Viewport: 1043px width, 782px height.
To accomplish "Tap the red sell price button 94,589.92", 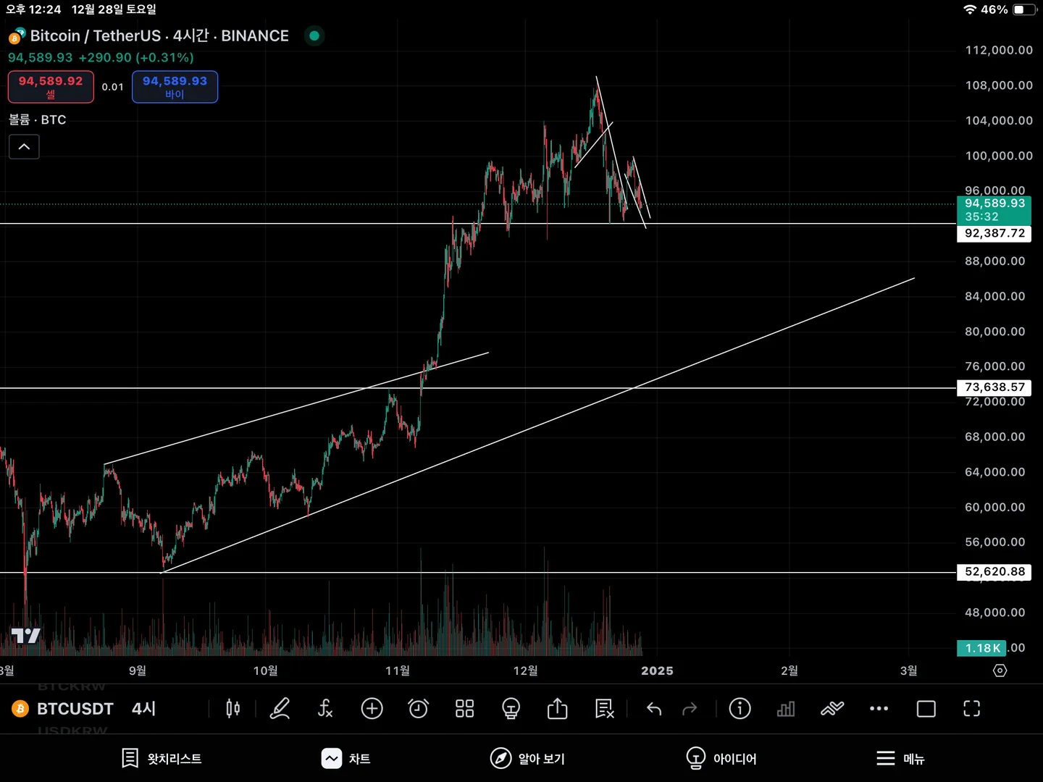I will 51,86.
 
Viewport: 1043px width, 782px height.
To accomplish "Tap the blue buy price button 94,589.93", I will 175,86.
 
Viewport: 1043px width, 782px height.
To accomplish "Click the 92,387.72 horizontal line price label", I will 994,233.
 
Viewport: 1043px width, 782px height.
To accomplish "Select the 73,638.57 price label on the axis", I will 994,387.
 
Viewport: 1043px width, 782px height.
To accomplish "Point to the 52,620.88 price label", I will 994,571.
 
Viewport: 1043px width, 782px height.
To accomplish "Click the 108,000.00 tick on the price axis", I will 998,85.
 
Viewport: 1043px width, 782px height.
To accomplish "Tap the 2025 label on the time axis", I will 657,670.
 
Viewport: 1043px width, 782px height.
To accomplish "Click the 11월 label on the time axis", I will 398,670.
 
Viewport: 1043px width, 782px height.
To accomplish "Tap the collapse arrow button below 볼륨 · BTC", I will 24,147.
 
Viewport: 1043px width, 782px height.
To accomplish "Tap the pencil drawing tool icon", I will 280,708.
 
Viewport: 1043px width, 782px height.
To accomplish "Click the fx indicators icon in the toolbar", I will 325,708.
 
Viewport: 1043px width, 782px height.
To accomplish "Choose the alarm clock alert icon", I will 418,708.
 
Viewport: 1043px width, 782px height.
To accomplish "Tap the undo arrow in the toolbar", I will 654,708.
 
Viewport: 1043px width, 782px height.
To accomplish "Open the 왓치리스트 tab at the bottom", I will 162,758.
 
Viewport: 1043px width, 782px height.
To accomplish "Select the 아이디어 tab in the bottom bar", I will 721,758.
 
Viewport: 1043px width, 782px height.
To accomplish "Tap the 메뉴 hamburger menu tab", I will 900,758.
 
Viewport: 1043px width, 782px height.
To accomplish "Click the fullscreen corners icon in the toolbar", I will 971,708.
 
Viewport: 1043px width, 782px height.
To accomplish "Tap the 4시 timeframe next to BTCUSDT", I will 143,708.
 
